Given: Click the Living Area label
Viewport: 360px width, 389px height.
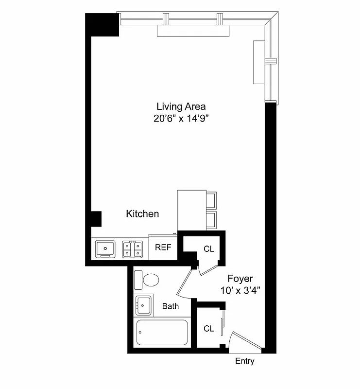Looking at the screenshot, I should click(x=181, y=106).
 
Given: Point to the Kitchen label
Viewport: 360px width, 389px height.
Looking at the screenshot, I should click(x=142, y=213).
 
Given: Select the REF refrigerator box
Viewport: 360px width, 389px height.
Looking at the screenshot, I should click(x=163, y=247).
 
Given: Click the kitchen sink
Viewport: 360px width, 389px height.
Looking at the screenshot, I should click(x=105, y=248).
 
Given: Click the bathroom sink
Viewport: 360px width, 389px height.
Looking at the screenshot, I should click(x=143, y=305).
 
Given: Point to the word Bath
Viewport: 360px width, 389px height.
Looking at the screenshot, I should click(x=170, y=306).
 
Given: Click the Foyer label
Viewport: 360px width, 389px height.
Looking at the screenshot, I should click(x=240, y=279).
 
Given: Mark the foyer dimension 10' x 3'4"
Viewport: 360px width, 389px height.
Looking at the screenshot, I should click(x=240, y=290).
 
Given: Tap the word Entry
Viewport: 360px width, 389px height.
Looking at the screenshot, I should click(x=244, y=361).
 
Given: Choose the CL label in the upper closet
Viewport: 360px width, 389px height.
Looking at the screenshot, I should click(x=209, y=249).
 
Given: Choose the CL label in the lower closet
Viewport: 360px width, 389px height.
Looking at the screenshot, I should click(x=209, y=329).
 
